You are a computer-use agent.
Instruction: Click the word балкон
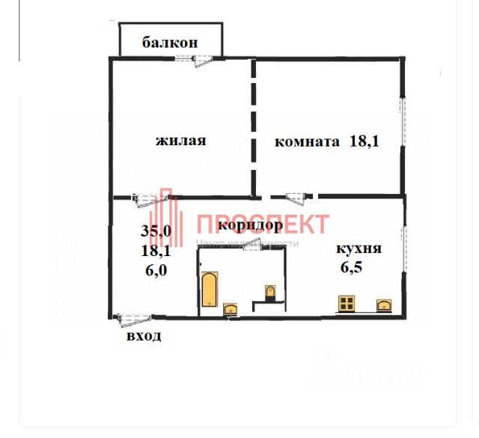pos(170,43)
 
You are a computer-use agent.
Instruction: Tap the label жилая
pos(180,141)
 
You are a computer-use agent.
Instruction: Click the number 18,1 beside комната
pos(364,141)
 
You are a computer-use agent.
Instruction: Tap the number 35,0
pos(156,231)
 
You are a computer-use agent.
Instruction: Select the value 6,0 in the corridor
pos(156,270)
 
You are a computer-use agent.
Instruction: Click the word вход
pos(144,336)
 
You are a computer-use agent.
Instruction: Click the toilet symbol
pos(269,291)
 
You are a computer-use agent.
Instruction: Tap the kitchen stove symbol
pos(347,302)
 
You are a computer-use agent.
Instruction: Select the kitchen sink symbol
pos(382,302)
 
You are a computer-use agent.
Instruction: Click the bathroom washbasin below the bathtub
pos(231,307)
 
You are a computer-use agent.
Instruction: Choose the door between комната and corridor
pos(296,198)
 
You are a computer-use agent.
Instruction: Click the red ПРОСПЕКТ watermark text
pos(262,224)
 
